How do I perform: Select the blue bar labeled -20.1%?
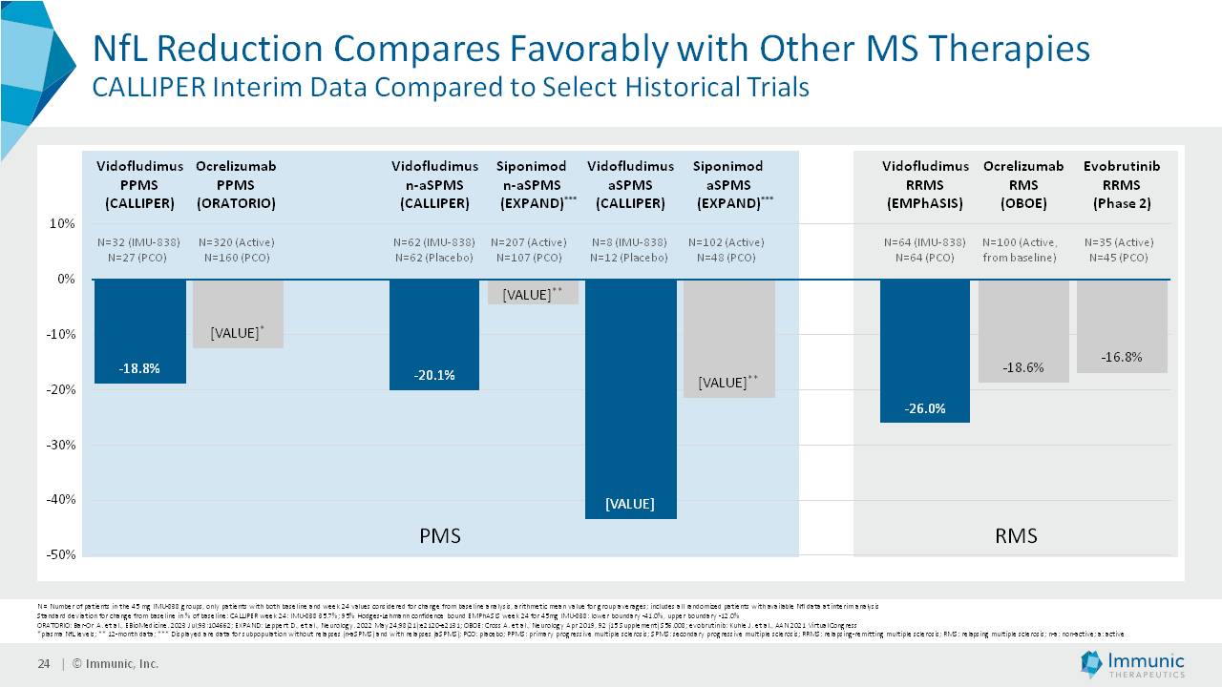point(434,334)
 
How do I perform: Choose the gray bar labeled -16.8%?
point(1122,325)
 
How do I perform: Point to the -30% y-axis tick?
point(62,445)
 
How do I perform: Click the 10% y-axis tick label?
point(63,224)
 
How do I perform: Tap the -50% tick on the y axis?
point(62,554)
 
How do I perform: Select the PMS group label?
point(440,535)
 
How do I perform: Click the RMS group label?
point(1016,535)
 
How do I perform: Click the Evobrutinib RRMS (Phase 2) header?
point(1122,184)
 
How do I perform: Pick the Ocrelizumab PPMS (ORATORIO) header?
point(236,184)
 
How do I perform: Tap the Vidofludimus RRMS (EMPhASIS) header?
point(924,184)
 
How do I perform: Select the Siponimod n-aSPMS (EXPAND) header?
point(532,184)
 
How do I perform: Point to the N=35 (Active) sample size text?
point(1122,242)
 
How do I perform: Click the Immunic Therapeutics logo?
point(1133,664)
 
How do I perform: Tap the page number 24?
point(43,664)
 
